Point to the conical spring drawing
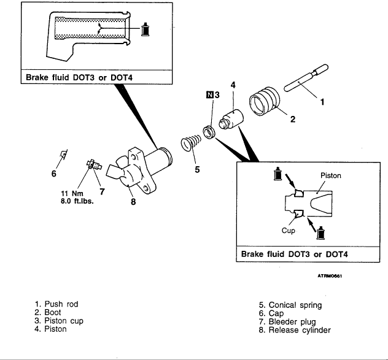tap(192, 146)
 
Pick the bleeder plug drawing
tap(92, 164)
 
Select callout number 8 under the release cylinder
tap(133, 204)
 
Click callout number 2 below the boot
tap(292, 120)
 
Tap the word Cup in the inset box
tap(289, 231)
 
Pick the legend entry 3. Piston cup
tap(59, 321)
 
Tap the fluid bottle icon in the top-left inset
tap(146, 29)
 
